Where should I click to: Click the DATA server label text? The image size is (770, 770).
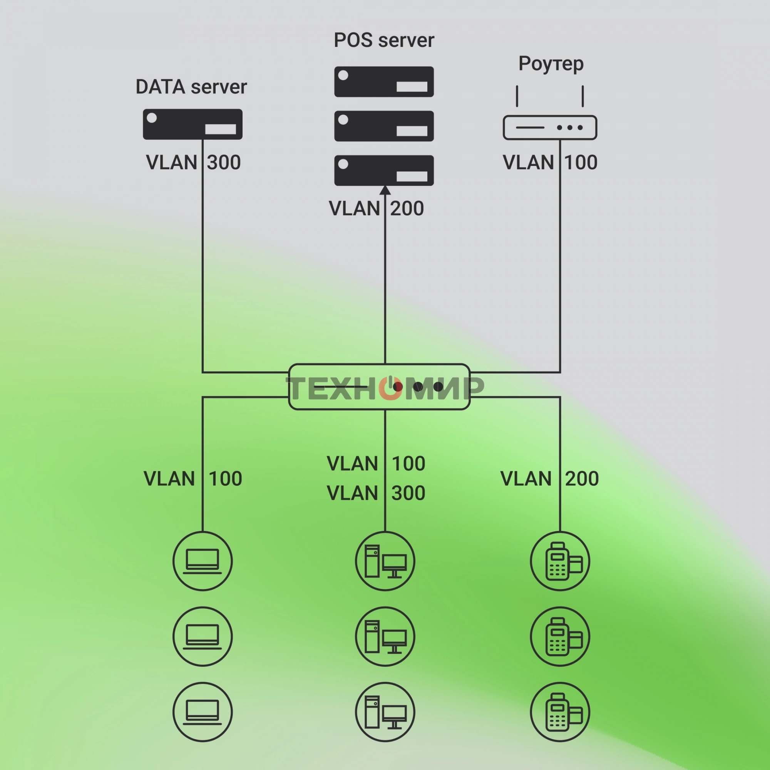(191, 87)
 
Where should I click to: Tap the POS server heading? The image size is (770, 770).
(383, 40)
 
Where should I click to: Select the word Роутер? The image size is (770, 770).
(551, 64)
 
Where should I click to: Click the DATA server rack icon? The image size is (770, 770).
(192, 124)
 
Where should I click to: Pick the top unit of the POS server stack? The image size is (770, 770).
(384, 82)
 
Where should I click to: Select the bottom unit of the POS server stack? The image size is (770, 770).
(384, 171)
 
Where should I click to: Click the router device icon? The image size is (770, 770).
(550, 127)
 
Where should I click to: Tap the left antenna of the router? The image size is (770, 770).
(517, 96)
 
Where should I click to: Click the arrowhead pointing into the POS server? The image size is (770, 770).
(385, 191)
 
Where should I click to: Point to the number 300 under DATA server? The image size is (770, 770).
(224, 162)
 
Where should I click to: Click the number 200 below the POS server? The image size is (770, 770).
(407, 209)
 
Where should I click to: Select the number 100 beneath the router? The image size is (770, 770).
(581, 162)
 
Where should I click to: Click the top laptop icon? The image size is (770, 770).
(203, 561)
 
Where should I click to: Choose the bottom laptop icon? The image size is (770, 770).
(203, 712)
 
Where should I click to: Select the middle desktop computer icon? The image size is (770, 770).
(385, 636)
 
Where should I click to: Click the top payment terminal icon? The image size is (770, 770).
(560, 561)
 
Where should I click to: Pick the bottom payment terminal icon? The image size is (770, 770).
(560, 712)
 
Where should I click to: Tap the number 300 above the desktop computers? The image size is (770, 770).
(408, 494)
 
